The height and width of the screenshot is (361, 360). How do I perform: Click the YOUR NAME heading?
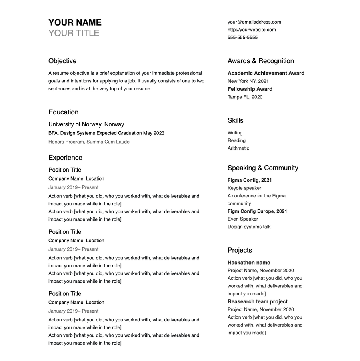tap(75, 22)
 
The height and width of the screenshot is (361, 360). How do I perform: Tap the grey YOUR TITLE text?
tap(74, 33)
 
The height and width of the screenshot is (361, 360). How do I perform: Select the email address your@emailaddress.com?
tap(254, 22)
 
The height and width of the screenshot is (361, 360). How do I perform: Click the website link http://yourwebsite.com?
tap(252, 30)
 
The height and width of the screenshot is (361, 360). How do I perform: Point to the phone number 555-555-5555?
tap(242, 37)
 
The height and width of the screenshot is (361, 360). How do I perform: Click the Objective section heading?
tap(62, 61)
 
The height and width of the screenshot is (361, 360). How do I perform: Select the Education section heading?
tap(63, 112)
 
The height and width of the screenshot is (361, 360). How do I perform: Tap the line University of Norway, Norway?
tap(86, 124)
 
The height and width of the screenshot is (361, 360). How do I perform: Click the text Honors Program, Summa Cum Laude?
tap(89, 142)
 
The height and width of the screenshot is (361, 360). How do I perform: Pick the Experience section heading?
tap(65, 158)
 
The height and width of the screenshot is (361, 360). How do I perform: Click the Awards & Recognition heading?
tap(260, 61)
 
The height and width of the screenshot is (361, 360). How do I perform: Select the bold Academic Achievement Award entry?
tap(266, 73)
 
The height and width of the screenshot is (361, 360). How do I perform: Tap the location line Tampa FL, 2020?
tap(245, 97)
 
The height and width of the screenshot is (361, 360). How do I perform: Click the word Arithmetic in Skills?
tap(238, 148)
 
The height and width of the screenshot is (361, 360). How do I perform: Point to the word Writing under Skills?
tap(235, 133)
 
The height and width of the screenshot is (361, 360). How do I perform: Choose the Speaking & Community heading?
tap(263, 168)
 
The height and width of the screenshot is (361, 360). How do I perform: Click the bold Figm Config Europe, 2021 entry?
tap(257, 211)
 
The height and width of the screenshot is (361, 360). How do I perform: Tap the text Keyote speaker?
tap(244, 188)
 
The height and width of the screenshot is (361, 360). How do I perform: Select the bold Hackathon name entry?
tap(248, 263)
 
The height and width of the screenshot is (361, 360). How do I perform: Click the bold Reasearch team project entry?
tap(257, 301)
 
